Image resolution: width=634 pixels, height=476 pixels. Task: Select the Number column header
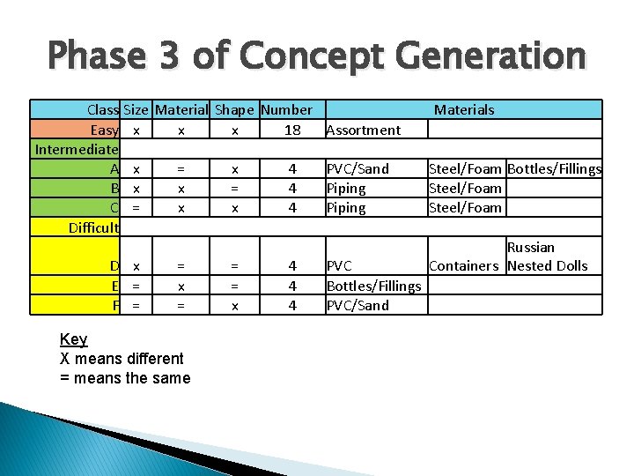tap(286, 110)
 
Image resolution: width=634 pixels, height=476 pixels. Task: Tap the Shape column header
tap(234, 110)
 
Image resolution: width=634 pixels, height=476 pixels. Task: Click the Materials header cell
tap(464, 110)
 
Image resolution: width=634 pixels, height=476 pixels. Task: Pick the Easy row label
tap(104, 130)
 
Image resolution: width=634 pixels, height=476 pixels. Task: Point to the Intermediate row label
tap(77, 149)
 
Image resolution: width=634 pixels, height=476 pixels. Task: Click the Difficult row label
tap(93, 227)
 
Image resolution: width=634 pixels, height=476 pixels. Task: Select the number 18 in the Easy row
tap(292, 130)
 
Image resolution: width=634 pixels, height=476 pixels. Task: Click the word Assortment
tap(363, 130)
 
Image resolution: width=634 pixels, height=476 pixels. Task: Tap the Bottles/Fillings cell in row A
tap(555, 168)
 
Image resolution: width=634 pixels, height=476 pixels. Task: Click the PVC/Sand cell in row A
tap(358, 168)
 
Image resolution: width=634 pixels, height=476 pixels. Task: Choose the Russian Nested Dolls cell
tap(547, 257)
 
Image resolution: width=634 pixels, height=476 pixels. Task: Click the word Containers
tap(464, 265)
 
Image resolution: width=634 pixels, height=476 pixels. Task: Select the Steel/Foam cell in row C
tap(465, 207)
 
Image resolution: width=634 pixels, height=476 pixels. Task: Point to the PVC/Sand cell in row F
tap(358, 305)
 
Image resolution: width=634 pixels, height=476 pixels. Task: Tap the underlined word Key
tap(73, 339)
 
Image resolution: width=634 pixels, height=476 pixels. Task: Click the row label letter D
tap(114, 265)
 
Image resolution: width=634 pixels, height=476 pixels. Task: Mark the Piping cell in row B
tap(346, 188)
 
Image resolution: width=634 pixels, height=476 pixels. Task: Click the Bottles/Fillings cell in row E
tap(373, 286)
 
